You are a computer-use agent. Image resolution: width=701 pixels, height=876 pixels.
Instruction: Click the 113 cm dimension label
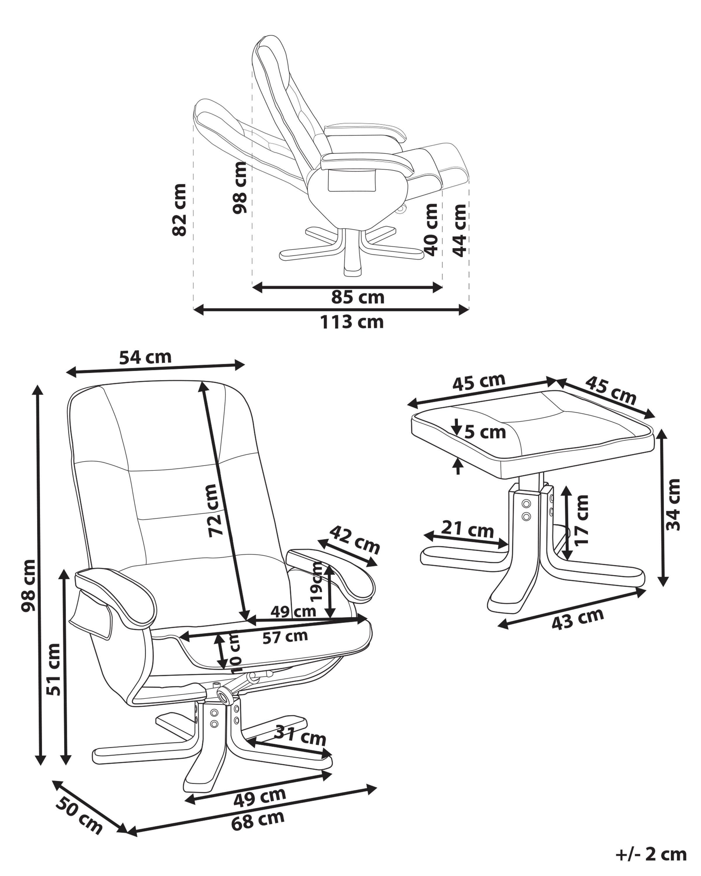click(352, 322)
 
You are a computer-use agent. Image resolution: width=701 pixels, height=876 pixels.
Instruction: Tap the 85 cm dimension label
click(357, 298)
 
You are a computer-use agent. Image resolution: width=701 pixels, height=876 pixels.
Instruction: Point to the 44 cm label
click(459, 230)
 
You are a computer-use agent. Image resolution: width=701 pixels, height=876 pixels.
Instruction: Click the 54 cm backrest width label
click(145, 357)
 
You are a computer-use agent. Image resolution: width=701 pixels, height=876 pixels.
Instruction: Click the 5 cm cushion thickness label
click(485, 432)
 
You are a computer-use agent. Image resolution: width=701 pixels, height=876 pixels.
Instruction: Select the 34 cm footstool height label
click(673, 505)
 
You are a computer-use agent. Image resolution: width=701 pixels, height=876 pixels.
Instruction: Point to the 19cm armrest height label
click(315, 582)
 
